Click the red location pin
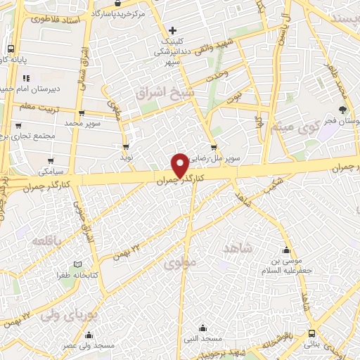click(180, 165)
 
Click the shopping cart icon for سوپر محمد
click(82, 112)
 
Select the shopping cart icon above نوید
click(126, 147)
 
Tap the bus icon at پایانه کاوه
click(11, 49)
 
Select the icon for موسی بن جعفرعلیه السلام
click(286, 250)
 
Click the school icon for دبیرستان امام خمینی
click(25, 78)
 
